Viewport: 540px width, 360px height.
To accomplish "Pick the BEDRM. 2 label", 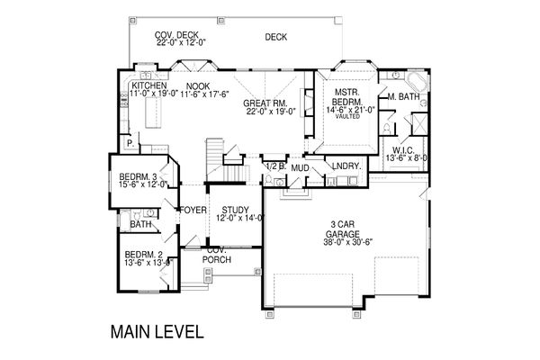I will click(144, 255).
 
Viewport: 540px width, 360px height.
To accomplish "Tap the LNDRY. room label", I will click(346, 166).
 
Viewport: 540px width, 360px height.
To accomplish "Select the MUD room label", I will click(300, 167).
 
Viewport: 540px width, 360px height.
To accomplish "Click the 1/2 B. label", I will click(274, 167).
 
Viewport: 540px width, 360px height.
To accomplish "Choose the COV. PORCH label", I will click(215, 255).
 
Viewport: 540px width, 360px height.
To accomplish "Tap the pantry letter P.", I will click(130, 141).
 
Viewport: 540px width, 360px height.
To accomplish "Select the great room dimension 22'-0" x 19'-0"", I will click(263, 112).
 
